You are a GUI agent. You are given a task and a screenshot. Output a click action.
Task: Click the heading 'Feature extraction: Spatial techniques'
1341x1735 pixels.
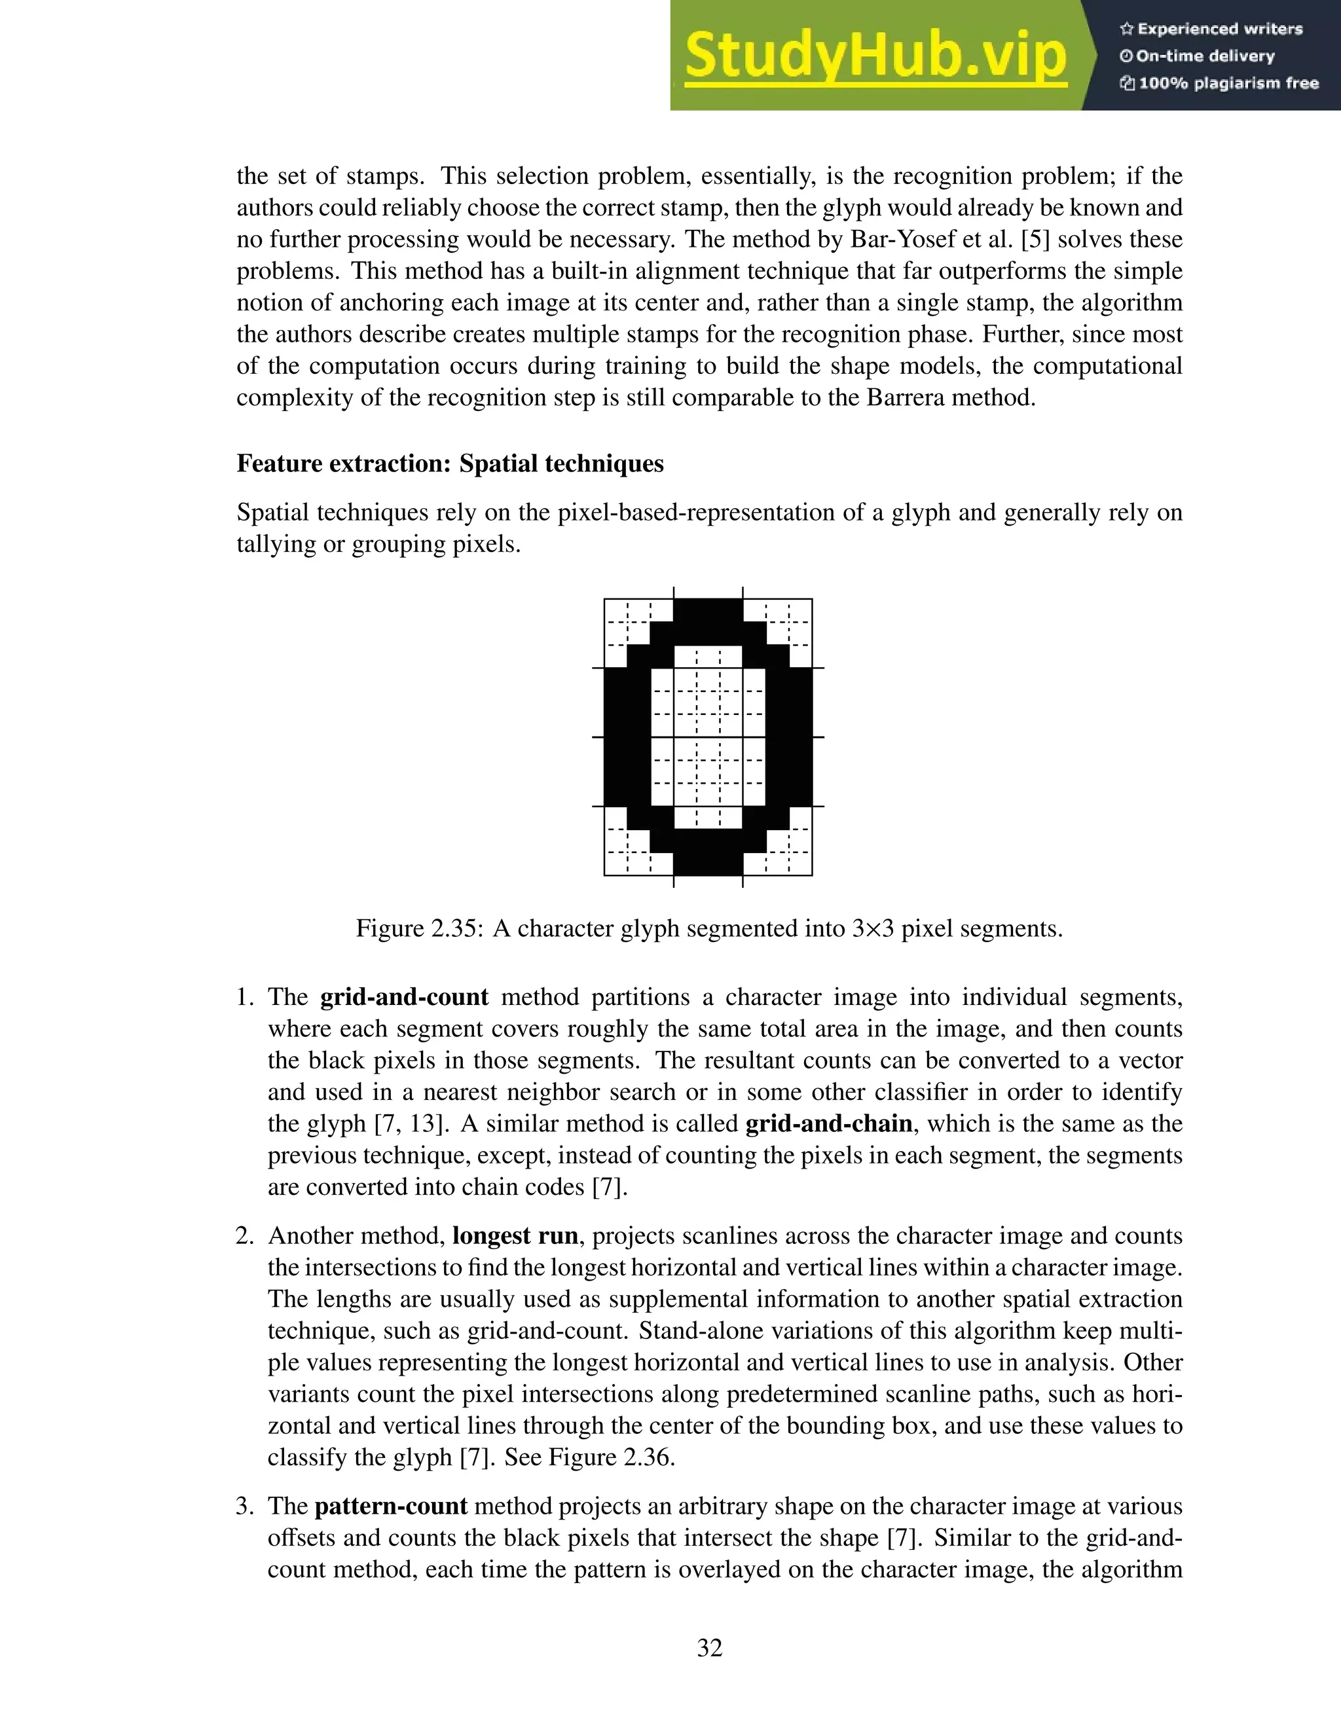point(450,464)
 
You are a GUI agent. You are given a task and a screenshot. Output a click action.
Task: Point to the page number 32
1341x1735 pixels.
point(709,1648)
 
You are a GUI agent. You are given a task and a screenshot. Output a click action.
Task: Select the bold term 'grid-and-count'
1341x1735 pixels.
point(405,997)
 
